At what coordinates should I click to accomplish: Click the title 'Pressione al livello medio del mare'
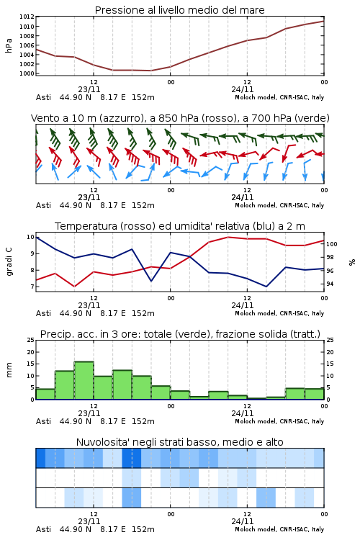click(x=179, y=10)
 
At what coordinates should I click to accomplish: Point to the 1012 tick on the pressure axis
click(x=27, y=17)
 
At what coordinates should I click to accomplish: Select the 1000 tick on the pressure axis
click(x=27, y=73)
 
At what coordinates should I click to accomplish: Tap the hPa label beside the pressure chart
click(x=9, y=45)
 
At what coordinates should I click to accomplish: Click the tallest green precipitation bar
click(x=84, y=380)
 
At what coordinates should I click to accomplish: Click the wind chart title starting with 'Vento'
click(x=180, y=118)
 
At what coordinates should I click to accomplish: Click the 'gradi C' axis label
click(x=9, y=262)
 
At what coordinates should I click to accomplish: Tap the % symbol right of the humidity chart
click(x=352, y=262)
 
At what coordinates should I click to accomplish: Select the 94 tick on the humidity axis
click(x=330, y=284)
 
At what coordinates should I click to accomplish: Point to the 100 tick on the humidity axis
click(x=332, y=244)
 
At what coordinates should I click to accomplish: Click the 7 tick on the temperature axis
click(x=32, y=287)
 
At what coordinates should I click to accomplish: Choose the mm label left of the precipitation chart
click(x=9, y=370)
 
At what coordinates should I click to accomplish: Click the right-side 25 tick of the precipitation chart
click(x=330, y=340)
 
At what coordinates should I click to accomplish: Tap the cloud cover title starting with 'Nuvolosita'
click(x=179, y=442)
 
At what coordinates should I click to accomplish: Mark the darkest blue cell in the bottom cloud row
click(x=131, y=498)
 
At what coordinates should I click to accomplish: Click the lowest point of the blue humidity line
click(x=266, y=286)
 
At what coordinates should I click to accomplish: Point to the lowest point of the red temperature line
click(x=75, y=286)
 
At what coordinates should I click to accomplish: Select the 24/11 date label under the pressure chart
click(x=243, y=89)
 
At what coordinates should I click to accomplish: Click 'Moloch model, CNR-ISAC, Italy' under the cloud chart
click(x=279, y=529)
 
